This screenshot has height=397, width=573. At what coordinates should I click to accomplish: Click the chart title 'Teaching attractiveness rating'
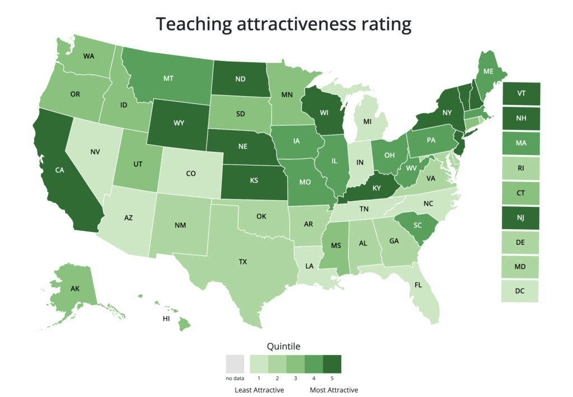pyautogui.click(x=283, y=24)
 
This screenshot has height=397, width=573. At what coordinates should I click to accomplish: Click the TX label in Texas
pyautogui.click(x=243, y=261)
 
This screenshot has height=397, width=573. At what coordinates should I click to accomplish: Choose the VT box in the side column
pyautogui.click(x=521, y=93)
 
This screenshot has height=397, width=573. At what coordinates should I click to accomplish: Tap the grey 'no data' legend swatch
pyautogui.click(x=236, y=364)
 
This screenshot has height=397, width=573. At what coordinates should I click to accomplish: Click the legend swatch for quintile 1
pyautogui.click(x=259, y=364)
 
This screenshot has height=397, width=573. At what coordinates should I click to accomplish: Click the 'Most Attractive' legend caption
pyautogui.click(x=334, y=390)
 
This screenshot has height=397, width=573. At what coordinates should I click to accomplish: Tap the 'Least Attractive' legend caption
pyautogui.click(x=259, y=390)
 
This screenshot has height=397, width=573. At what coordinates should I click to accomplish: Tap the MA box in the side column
pyautogui.click(x=521, y=143)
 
